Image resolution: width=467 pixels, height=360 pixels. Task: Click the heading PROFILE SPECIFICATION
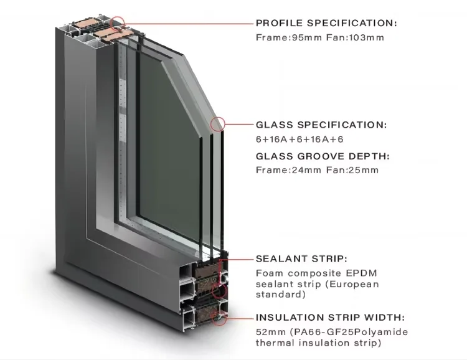click(x=326, y=23)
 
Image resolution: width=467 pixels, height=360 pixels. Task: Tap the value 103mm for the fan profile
click(x=367, y=37)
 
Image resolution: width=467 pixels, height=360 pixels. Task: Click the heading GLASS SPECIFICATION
click(x=321, y=125)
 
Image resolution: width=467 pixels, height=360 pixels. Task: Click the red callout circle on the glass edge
click(x=217, y=125)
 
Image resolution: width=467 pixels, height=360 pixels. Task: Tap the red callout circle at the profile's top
click(x=118, y=23)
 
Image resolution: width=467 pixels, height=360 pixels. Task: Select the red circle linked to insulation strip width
click(x=219, y=318)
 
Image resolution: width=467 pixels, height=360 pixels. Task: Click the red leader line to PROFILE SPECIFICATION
click(x=187, y=23)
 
